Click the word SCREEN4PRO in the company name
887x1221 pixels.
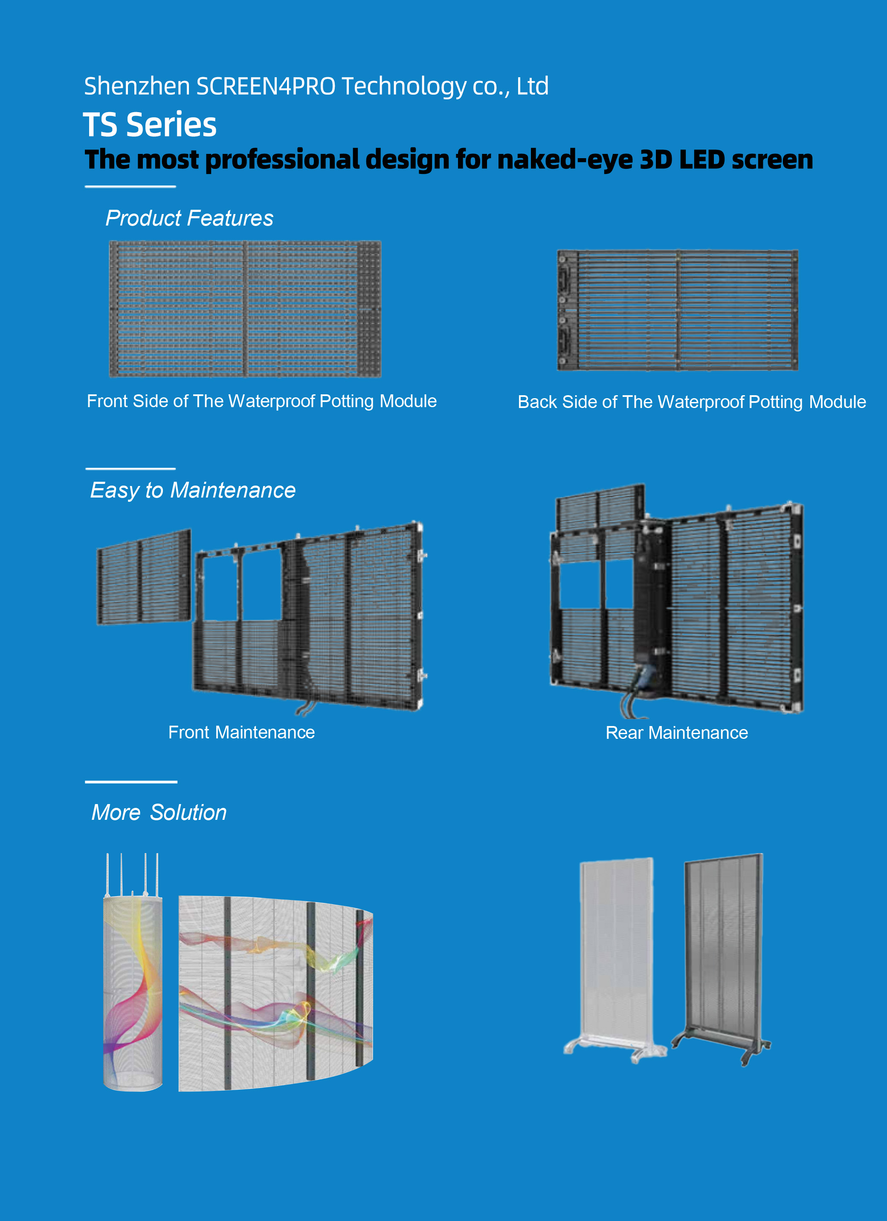(x=266, y=86)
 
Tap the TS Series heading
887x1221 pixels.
(x=150, y=124)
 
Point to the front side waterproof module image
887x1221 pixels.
(x=245, y=309)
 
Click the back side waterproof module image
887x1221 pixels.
(x=678, y=310)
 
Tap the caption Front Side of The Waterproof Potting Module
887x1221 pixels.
(x=262, y=401)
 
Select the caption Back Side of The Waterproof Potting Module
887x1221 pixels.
(x=692, y=402)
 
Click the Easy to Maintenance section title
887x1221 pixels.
(x=193, y=490)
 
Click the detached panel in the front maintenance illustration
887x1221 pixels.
(x=144, y=577)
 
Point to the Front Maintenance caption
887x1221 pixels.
(x=241, y=732)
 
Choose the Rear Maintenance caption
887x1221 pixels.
(x=677, y=733)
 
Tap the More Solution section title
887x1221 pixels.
(x=159, y=813)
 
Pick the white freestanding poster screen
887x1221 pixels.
(x=615, y=959)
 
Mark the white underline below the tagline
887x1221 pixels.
(x=130, y=186)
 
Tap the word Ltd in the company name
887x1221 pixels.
(x=533, y=86)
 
